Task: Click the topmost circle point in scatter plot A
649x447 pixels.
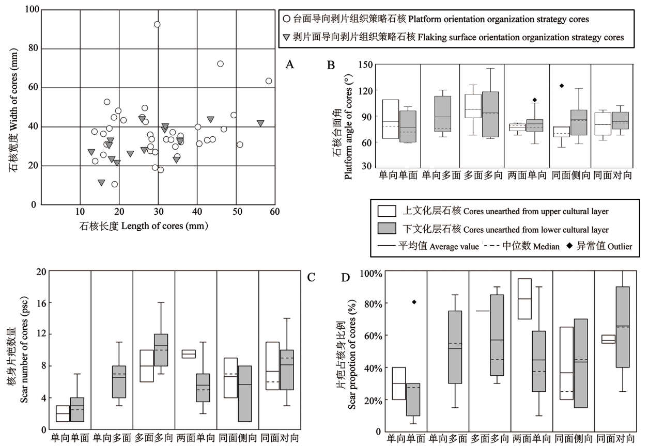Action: pos(157,24)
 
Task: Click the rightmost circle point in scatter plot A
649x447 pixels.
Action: pos(269,81)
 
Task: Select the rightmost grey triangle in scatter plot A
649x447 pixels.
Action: pos(260,123)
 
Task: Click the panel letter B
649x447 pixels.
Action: pos(331,65)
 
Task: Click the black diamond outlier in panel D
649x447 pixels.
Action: pos(414,302)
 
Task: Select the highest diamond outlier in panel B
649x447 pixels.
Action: pos(562,86)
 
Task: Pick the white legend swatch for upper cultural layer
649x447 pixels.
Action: pos(387,211)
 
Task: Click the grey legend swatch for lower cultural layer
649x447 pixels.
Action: pos(387,229)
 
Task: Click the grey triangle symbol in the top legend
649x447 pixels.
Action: pos(286,37)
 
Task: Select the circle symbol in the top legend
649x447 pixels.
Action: pos(286,19)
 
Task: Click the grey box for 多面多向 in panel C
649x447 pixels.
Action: pos(161,350)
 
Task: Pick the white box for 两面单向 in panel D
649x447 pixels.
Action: pos(525,299)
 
